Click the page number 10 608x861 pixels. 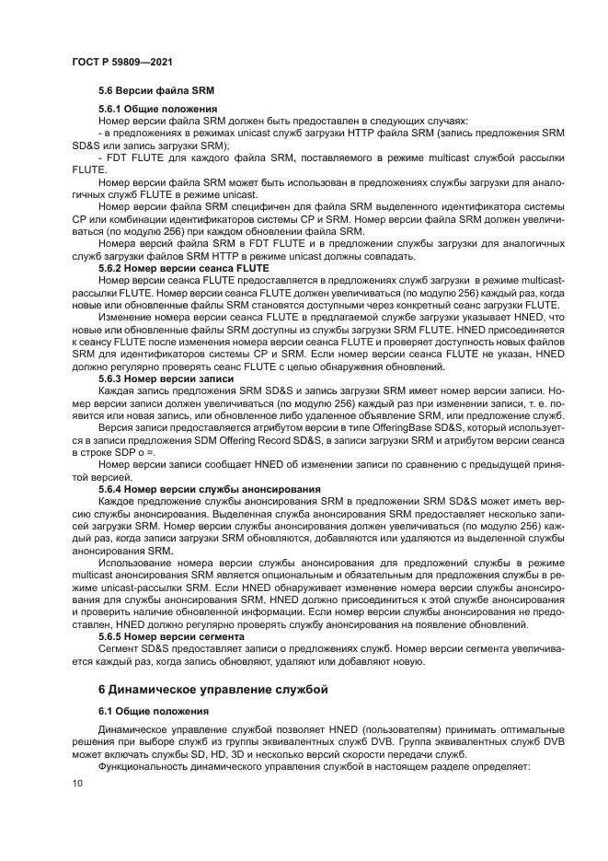(77, 783)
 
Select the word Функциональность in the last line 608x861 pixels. (143, 765)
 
